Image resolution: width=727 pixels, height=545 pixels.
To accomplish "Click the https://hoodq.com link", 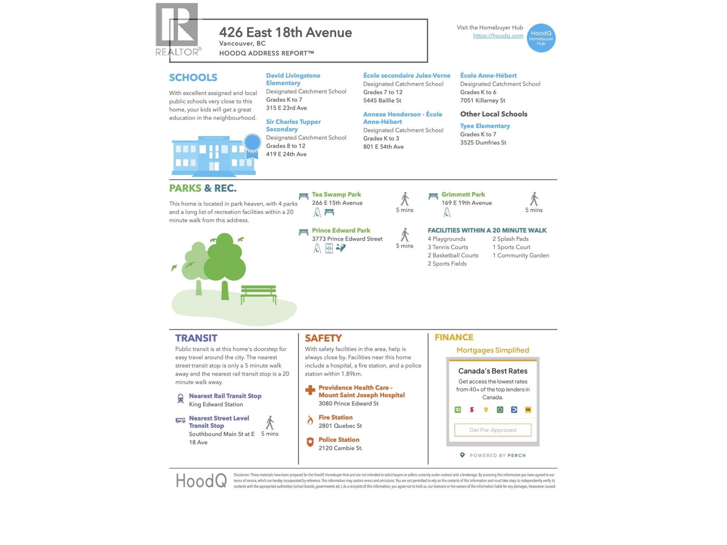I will (x=498, y=36).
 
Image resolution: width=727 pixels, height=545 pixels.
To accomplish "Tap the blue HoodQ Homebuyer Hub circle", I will (x=541, y=38).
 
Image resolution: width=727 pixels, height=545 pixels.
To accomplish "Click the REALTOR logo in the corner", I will (x=177, y=30).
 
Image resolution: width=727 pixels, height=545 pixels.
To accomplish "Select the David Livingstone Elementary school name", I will (x=293, y=79).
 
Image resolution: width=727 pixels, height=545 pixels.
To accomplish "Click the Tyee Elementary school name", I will (x=485, y=126).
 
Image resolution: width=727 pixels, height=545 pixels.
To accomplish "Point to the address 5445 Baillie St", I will (x=382, y=100).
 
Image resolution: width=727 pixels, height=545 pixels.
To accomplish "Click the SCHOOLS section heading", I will (x=193, y=78).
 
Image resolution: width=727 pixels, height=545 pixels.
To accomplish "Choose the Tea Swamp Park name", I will (x=336, y=194).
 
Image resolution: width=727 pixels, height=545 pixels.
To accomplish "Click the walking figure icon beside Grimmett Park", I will (x=534, y=199).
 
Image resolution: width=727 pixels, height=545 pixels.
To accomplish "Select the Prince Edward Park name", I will (x=341, y=230).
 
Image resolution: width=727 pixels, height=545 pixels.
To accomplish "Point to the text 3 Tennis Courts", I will (x=448, y=247).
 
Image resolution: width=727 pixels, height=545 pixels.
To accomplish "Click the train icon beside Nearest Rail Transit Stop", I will (x=180, y=398).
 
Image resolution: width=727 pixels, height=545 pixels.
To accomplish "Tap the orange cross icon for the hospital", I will (x=310, y=390).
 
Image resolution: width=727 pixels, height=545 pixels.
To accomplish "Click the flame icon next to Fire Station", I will (x=310, y=420).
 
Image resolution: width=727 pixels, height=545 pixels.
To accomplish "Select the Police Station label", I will (x=339, y=440).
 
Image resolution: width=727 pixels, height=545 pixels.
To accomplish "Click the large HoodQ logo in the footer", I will (x=201, y=481).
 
